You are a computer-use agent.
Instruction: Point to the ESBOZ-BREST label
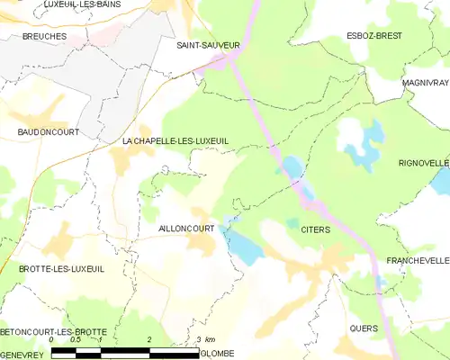click(375, 36)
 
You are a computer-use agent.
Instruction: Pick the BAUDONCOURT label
click(48, 132)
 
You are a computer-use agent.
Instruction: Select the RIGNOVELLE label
click(424, 163)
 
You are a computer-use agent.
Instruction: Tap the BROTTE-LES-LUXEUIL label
click(61, 269)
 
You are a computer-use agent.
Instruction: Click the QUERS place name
click(363, 328)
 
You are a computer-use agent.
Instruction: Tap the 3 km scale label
click(205, 339)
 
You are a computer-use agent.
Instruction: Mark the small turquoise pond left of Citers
click(292, 222)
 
